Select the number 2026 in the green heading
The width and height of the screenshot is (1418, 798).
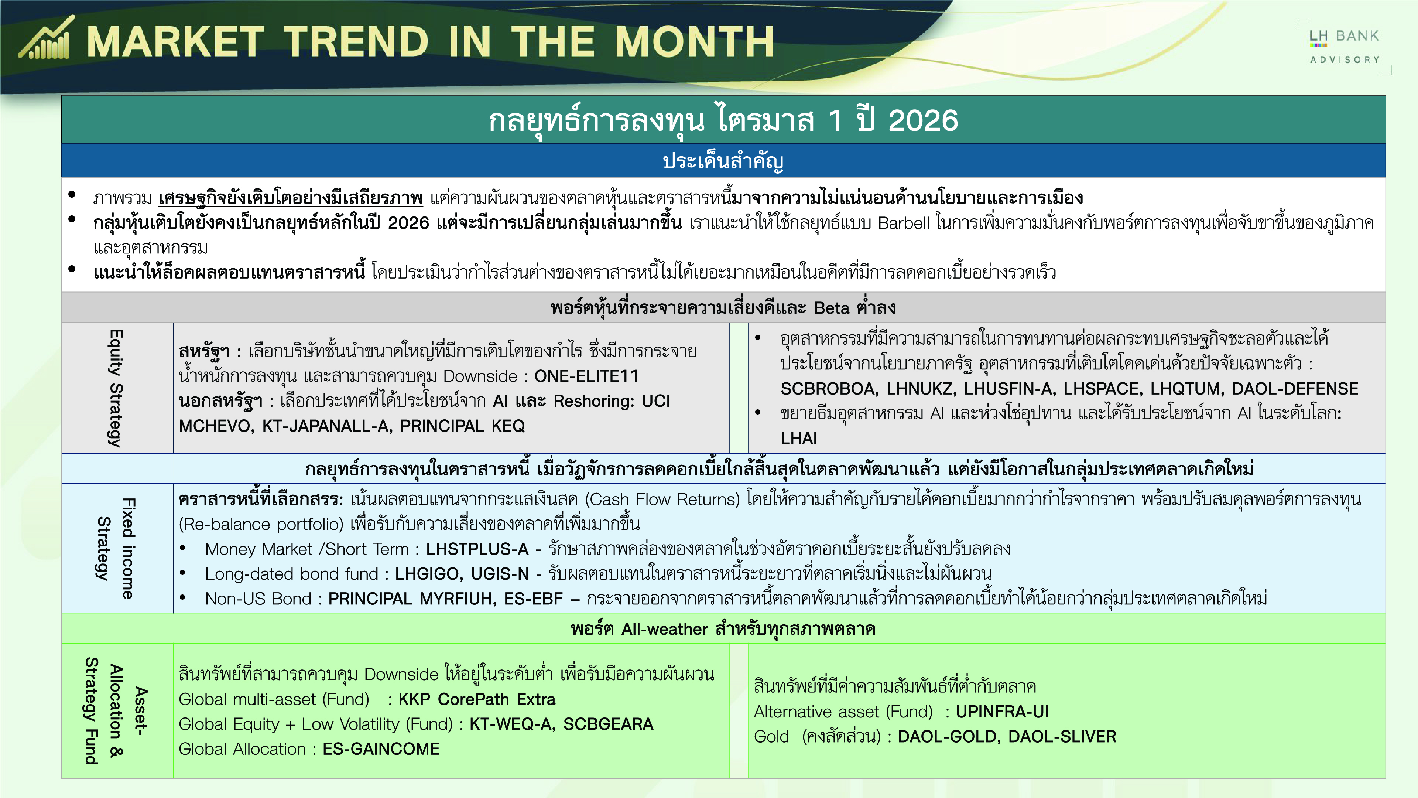tap(923, 120)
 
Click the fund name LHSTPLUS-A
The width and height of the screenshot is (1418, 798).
tap(477, 549)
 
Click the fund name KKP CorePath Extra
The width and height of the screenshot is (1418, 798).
tap(477, 699)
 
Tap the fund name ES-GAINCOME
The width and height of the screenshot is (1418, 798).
tap(381, 749)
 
